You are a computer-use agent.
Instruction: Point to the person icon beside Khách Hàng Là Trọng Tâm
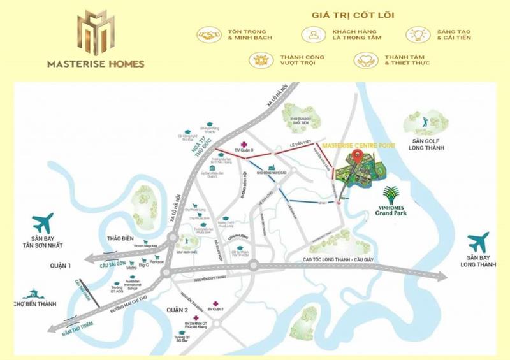[x=313, y=34]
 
